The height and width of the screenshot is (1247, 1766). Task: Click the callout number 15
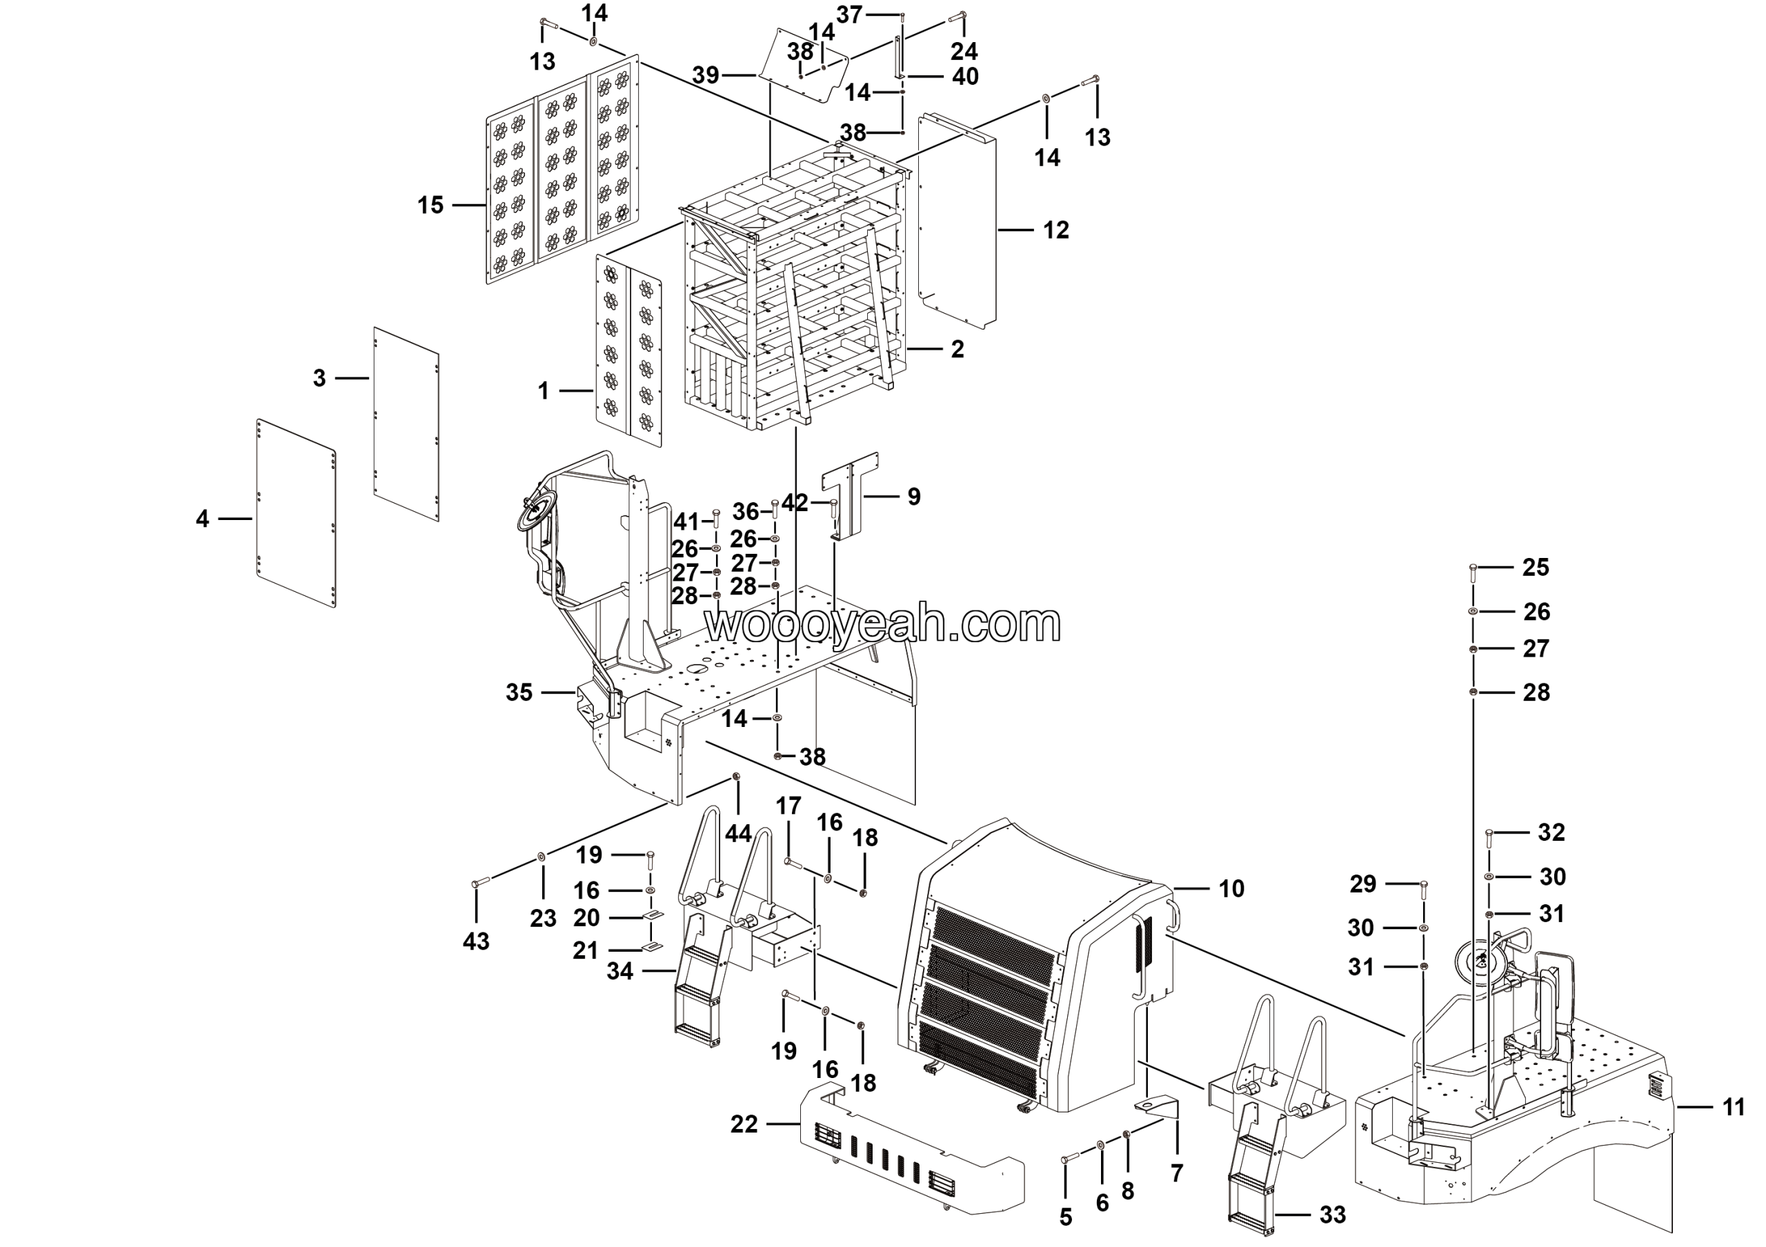coord(430,206)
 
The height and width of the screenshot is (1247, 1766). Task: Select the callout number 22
coord(744,1125)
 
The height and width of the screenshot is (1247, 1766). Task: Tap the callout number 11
coord(1734,1107)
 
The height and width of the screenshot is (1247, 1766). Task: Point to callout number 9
coord(914,497)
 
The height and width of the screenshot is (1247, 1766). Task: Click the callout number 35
coord(519,692)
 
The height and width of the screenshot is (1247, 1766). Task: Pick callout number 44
coord(738,833)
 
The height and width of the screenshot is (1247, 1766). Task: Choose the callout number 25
coord(1536,568)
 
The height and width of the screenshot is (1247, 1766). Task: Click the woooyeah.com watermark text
coord(883,624)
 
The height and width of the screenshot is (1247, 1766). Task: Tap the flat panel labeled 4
coord(296,512)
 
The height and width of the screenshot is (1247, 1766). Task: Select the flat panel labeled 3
coord(406,424)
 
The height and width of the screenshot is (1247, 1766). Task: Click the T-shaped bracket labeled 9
coord(852,494)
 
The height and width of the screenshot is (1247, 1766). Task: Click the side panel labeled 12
coord(958,219)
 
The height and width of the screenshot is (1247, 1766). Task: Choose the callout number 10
coord(1231,889)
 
